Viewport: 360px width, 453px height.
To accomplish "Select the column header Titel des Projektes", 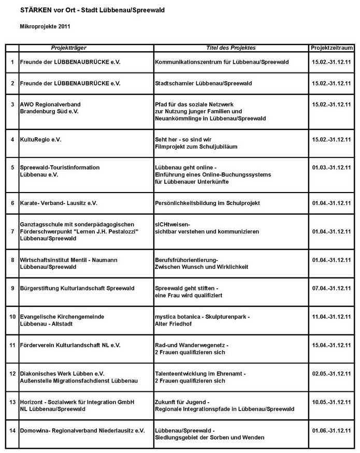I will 231,48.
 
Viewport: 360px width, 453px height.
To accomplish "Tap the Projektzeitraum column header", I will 332,48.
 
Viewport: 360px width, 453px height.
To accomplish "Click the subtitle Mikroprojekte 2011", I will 45,25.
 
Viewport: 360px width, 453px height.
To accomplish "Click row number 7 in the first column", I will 12,231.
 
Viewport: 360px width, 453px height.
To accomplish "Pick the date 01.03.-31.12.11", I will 332,168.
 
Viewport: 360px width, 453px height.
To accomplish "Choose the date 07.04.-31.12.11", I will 332,288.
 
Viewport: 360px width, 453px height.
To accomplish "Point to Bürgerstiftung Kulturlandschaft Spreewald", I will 77,288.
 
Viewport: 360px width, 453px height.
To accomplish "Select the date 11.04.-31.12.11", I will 332,316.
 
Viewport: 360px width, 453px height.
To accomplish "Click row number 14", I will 12,431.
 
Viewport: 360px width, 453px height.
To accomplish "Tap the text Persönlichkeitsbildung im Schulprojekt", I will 208,203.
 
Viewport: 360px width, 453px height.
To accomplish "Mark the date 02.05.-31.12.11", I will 332,373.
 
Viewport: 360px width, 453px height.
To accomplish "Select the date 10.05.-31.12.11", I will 332,402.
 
